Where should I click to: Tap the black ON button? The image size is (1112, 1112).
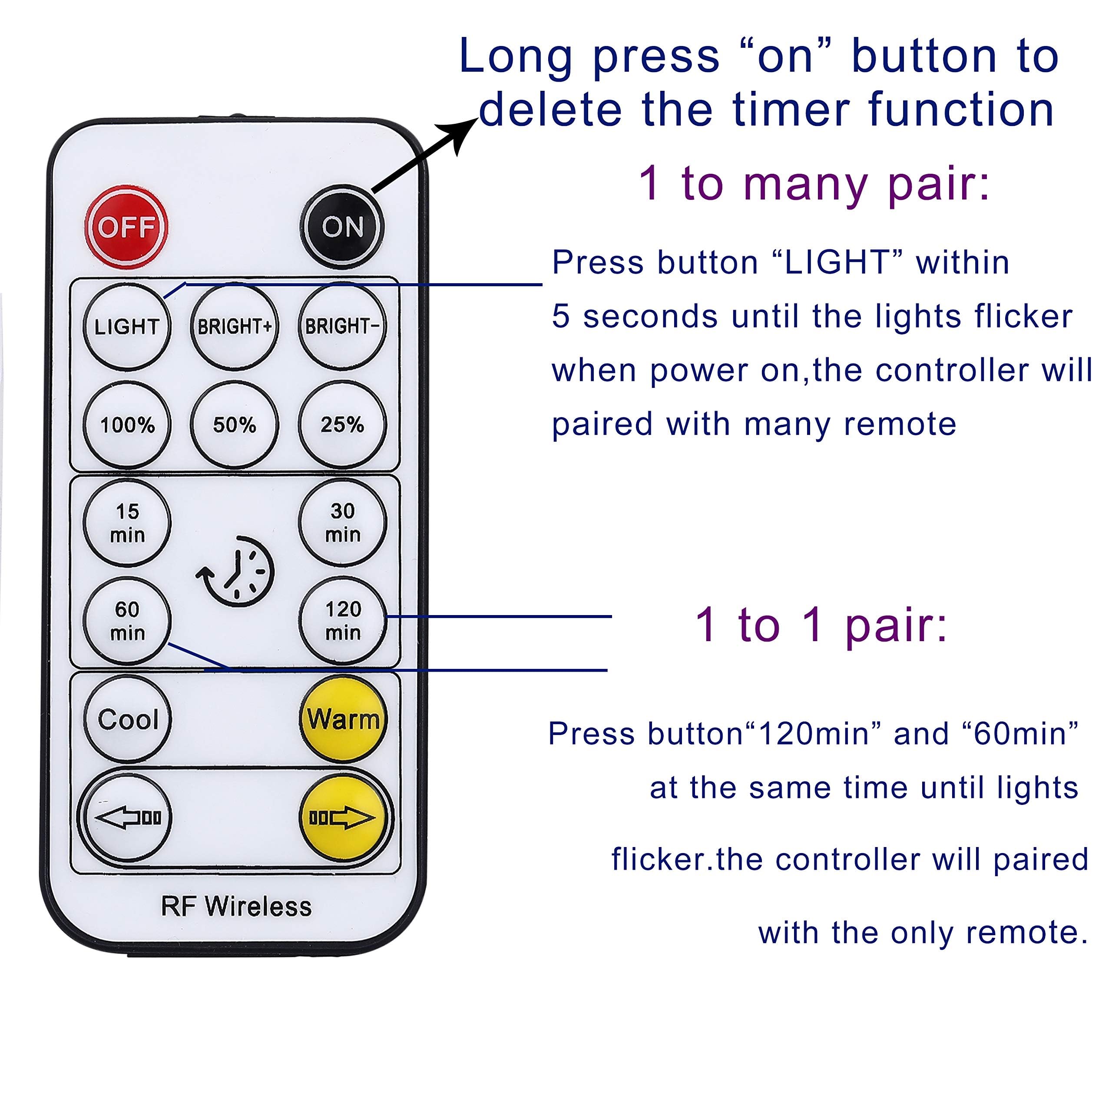(342, 226)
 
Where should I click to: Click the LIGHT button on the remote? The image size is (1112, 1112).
(127, 326)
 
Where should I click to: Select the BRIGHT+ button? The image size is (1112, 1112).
(234, 326)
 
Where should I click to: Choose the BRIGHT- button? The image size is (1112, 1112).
(342, 326)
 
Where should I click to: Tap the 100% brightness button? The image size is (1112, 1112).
(127, 425)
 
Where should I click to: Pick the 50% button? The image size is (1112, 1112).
(234, 425)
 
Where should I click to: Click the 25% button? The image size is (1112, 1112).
(342, 425)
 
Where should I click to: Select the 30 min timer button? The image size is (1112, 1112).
(342, 523)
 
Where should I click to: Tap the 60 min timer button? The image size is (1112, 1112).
(127, 620)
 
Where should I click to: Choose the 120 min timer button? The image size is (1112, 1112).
(342, 620)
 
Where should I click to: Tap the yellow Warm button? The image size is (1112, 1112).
(343, 719)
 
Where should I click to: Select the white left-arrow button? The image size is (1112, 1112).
(127, 817)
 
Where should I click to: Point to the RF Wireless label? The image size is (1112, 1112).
(236, 907)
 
